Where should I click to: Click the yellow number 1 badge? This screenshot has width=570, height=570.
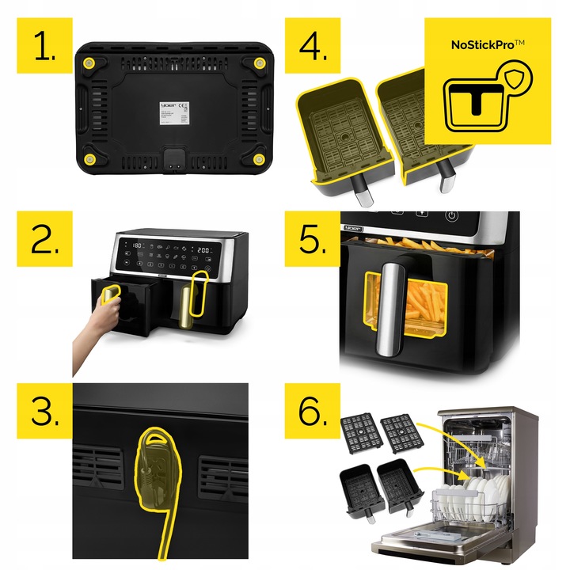45,45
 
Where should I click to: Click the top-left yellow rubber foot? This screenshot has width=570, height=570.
89,63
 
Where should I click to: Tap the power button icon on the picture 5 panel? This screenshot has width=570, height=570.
450,215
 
